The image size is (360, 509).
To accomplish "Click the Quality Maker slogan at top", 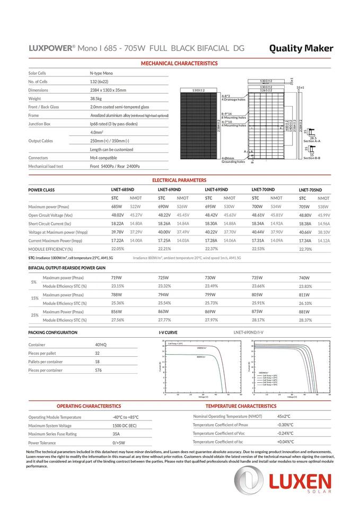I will (x=301, y=48).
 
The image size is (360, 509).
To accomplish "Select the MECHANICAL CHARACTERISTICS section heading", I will (x=179, y=64).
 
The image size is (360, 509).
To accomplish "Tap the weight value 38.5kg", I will (x=96, y=99).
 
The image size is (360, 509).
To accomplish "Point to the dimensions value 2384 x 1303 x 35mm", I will (x=108, y=90).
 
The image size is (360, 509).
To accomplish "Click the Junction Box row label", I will (x=40, y=124).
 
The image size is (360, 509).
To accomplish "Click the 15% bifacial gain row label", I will (x=34, y=298).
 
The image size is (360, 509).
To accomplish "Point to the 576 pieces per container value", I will (x=98, y=370).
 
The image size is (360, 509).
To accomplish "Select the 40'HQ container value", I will (x=100, y=345).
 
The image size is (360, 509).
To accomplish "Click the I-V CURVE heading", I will (x=168, y=332).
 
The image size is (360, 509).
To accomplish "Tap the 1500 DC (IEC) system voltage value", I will (x=125, y=426).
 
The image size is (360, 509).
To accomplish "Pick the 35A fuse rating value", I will (x=116, y=434).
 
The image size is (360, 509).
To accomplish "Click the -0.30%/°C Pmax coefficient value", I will (x=285, y=425).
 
